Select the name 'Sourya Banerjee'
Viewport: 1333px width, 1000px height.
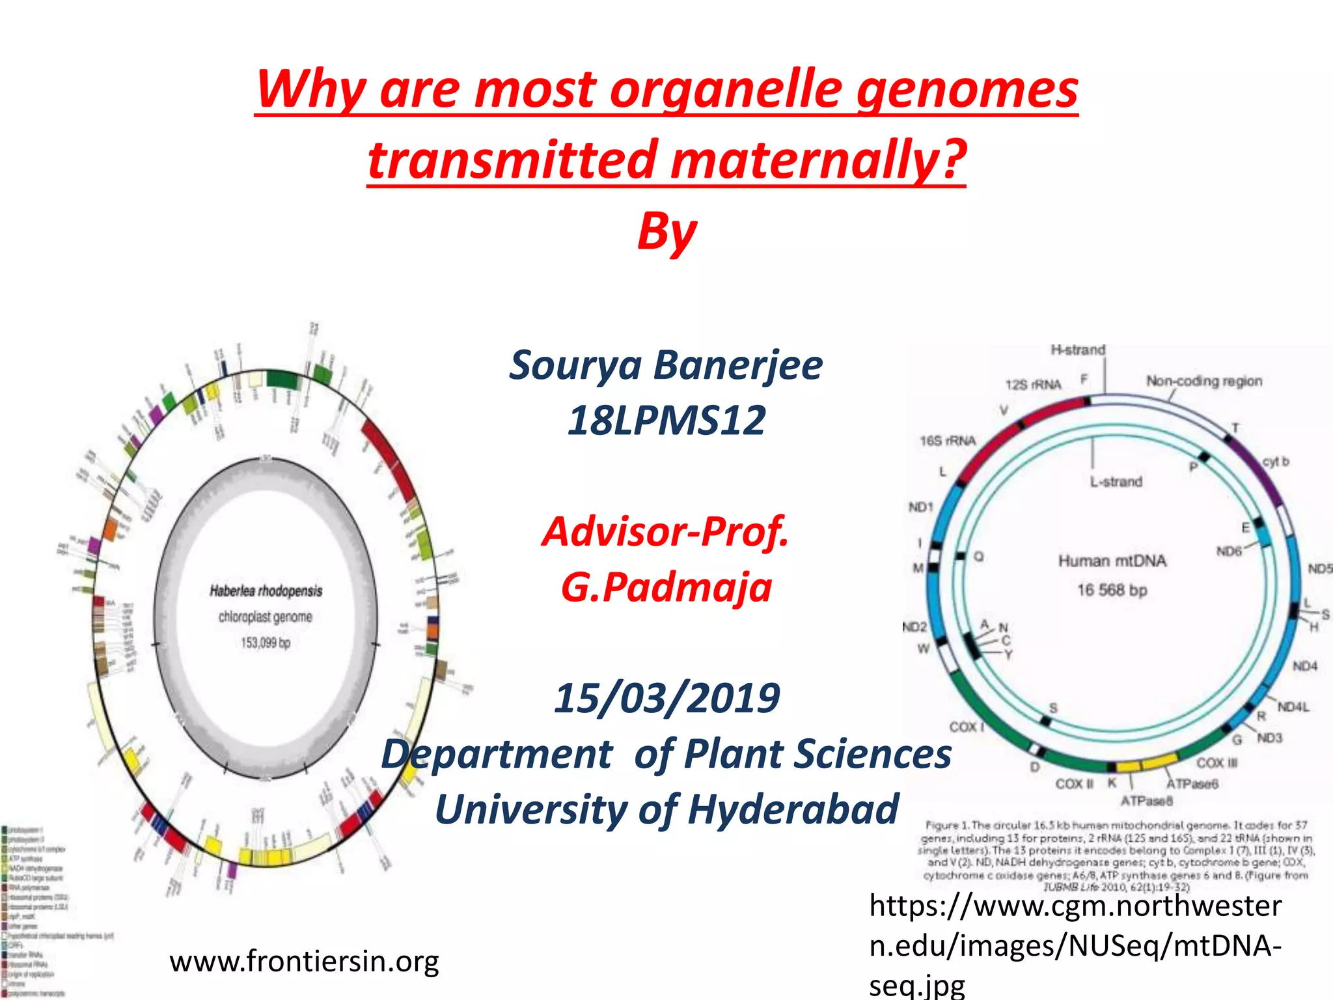666,365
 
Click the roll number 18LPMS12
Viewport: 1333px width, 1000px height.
666,421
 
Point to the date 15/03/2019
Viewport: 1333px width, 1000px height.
666,698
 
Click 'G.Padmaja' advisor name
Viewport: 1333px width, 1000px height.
666,587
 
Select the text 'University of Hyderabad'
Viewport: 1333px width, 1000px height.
666,809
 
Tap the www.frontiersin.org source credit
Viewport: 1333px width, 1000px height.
304,961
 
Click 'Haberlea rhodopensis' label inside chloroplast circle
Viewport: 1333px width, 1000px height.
266,591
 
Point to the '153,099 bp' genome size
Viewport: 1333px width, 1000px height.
266,643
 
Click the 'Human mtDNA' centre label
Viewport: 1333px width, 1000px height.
1112,561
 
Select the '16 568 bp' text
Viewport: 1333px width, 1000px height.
1112,590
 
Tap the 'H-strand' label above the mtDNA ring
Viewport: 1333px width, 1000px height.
1078,350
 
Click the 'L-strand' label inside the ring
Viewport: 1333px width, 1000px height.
1116,482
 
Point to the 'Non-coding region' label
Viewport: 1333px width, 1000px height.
1203,381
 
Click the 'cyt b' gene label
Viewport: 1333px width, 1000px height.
1275,462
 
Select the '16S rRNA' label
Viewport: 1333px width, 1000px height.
947,441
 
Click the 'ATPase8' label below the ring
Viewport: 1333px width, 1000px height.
1146,800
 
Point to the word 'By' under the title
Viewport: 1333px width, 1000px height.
666,231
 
